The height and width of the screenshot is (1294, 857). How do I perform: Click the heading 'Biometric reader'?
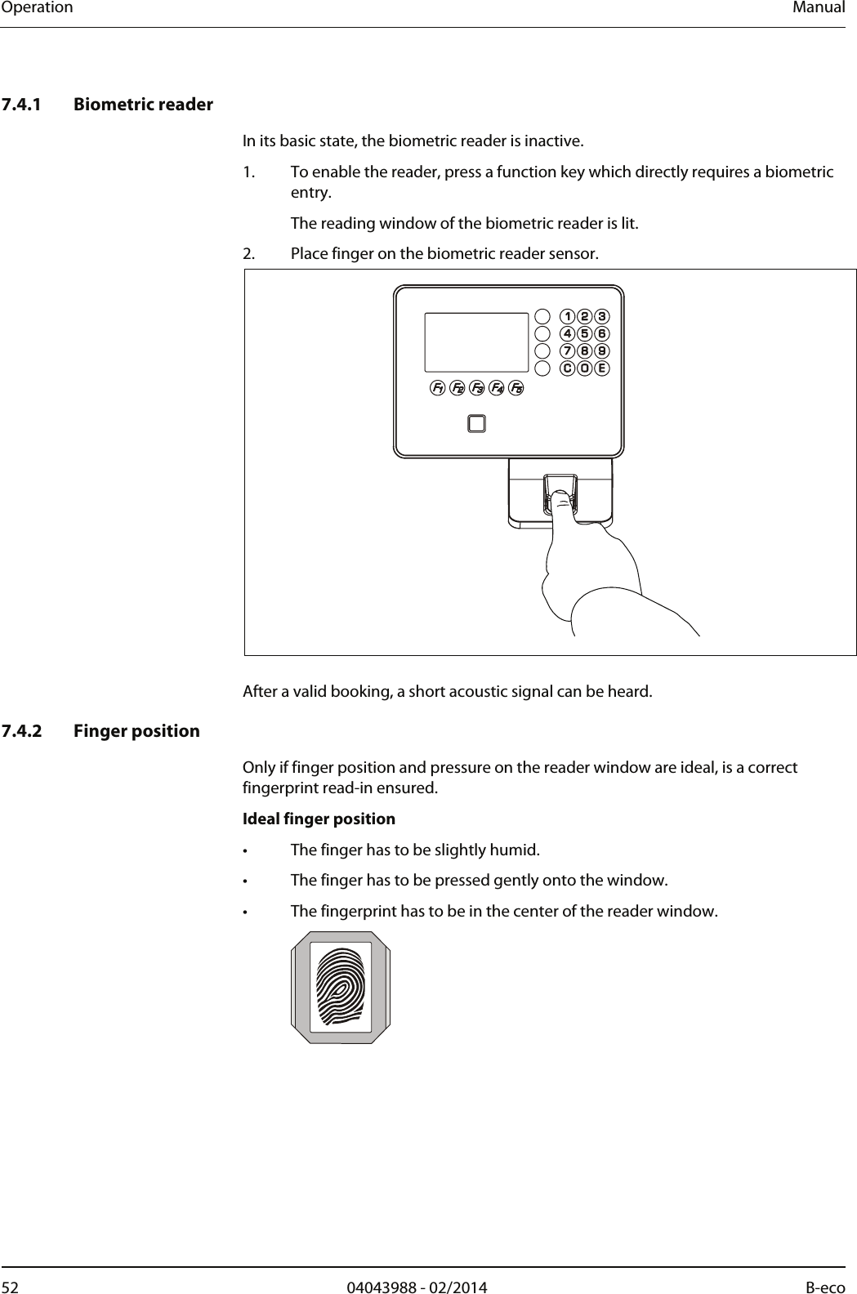[x=143, y=105]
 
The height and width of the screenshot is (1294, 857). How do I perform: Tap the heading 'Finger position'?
[x=136, y=730]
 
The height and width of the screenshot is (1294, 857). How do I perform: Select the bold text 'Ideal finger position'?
[x=319, y=819]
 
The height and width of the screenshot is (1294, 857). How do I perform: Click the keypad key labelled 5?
[x=584, y=333]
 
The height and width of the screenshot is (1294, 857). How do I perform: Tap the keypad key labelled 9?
[x=602, y=350]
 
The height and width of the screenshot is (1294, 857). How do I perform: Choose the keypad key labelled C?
[x=566, y=368]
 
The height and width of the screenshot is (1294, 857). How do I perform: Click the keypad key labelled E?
[x=602, y=368]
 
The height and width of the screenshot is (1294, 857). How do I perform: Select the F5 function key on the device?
[x=516, y=388]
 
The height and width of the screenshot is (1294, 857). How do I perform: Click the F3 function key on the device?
[x=477, y=388]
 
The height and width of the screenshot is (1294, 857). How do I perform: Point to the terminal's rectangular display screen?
[x=476, y=342]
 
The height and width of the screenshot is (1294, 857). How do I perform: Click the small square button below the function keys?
[x=476, y=423]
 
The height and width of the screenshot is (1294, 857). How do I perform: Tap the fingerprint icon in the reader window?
[x=341, y=987]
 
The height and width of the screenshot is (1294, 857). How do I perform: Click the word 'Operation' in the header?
[x=37, y=8]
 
